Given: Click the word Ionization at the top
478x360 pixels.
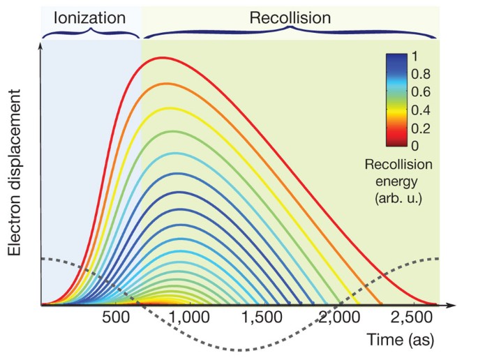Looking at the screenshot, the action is pyautogui.click(x=89, y=17).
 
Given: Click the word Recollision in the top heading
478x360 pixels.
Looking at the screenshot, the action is pyautogui.click(x=290, y=17).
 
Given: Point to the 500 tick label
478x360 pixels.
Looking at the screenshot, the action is pyautogui.click(x=116, y=317).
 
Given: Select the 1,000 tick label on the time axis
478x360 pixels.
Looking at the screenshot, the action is pyautogui.click(x=188, y=317).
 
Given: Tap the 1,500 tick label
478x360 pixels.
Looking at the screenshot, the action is pyautogui.click(x=262, y=317).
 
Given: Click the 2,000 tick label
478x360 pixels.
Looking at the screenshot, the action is pyautogui.click(x=339, y=317).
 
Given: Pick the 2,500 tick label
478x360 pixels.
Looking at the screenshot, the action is pyautogui.click(x=412, y=317).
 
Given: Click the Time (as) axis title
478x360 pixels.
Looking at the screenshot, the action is pyautogui.click(x=400, y=340).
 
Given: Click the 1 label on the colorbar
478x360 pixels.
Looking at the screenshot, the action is pyautogui.click(x=414, y=56).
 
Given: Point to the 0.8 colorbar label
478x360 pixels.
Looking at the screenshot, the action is pyautogui.click(x=421, y=74).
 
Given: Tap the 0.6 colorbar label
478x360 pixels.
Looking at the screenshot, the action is pyautogui.click(x=421, y=92).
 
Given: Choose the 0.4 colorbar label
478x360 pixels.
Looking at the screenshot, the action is pyautogui.click(x=421, y=110).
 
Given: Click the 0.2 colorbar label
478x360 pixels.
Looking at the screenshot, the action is pyautogui.click(x=421, y=128).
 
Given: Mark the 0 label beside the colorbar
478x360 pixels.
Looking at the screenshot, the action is pyautogui.click(x=415, y=146).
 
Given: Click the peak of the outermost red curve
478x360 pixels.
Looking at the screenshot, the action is pyautogui.click(x=163, y=57).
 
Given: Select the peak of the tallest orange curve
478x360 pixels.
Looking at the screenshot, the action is pyautogui.click(x=166, y=84).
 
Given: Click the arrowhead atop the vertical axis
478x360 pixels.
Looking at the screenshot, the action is pyautogui.click(x=40, y=45).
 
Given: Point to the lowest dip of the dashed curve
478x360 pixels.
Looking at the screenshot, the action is pyautogui.click(x=240, y=350).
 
